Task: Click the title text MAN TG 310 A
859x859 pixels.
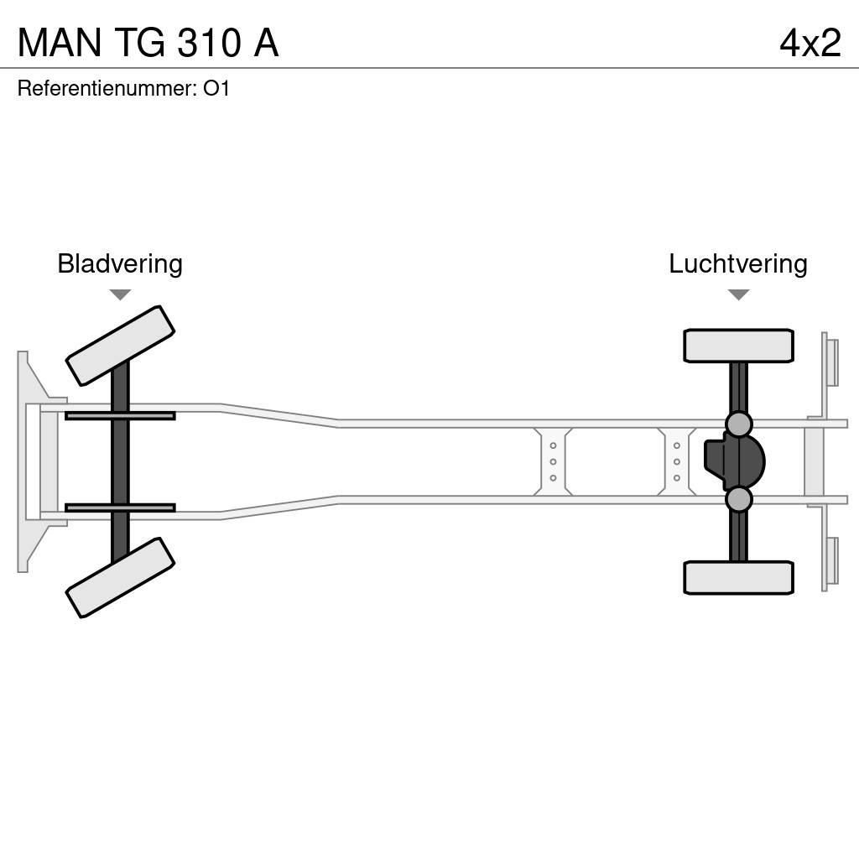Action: pos(148,43)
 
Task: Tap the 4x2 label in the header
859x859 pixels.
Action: pos(810,43)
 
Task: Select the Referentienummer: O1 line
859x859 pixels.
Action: pos(123,88)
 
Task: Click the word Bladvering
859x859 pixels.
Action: pos(120,264)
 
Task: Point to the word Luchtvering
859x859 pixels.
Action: pos(737,264)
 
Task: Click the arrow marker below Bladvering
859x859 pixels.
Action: pos(120,294)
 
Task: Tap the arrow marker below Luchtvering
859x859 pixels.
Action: pos(738,294)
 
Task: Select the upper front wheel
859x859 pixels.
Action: pos(120,346)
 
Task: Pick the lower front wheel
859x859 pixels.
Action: pos(120,577)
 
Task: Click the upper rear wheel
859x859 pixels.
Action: pos(738,346)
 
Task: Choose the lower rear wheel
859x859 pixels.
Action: pos(738,577)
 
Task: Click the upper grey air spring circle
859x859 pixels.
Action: pos(738,424)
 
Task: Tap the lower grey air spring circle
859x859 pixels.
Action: pos(738,499)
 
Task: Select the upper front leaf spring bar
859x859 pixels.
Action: pos(120,415)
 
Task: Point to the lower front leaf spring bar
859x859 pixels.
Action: pos(120,508)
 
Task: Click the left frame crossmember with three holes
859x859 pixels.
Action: pos(553,461)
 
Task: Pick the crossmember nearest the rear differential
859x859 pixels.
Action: pos(676,461)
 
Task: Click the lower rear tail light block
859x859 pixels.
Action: pos(831,560)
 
